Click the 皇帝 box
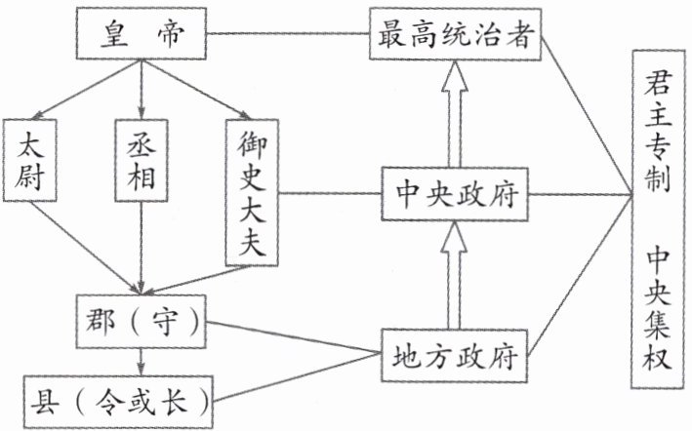pos(142,35)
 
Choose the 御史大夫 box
pos(253,192)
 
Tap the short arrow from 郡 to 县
pos(142,363)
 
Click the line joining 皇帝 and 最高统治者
pos(288,35)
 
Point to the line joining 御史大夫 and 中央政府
pos(329,193)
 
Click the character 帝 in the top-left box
pos(171,35)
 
